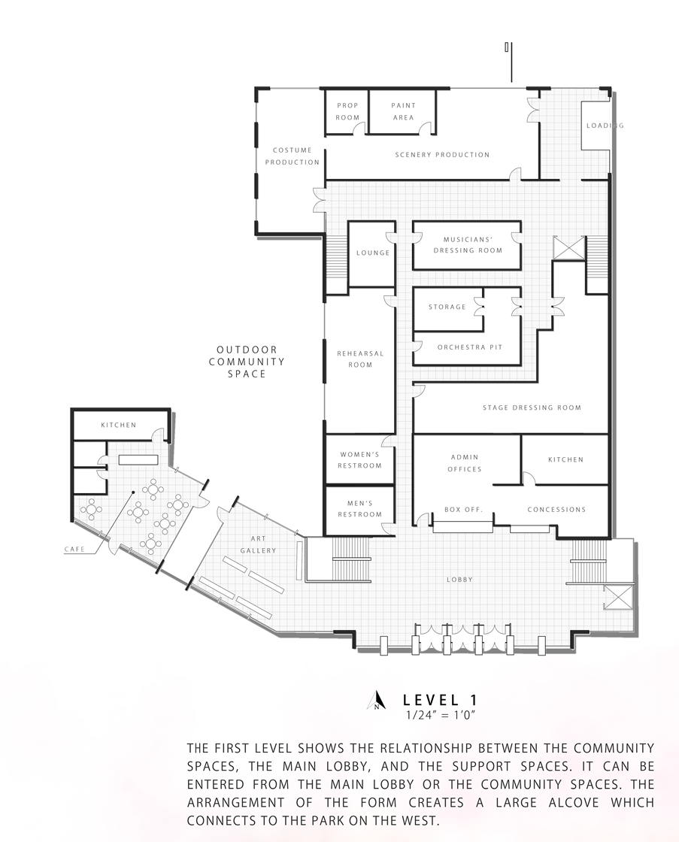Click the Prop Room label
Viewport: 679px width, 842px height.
pyautogui.click(x=347, y=111)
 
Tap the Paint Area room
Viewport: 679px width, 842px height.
pyautogui.click(x=404, y=111)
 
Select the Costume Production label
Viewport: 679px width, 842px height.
pyautogui.click(x=293, y=156)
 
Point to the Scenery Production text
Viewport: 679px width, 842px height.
pyautogui.click(x=442, y=155)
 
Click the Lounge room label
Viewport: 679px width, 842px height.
pyautogui.click(x=373, y=253)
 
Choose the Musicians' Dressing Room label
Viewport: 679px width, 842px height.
pyautogui.click(x=468, y=245)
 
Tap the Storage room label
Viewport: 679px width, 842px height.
pyautogui.click(x=447, y=307)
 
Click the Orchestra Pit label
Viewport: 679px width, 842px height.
pyautogui.click(x=470, y=347)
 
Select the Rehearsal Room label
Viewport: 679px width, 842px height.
pyautogui.click(x=360, y=359)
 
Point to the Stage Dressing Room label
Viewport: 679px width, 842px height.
pyautogui.click(x=532, y=407)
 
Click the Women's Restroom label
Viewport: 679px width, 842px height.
pyautogui.click(x=360, y=459)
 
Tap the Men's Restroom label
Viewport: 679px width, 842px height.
pyautogui.click(x=360, y=508)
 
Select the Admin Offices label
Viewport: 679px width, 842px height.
pyautogui.click(x=465, y=463)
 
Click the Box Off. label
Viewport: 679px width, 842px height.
pyautogui.click(x=464, y=509)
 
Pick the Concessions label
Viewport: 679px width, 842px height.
pyautogui.click(x=556, y=509)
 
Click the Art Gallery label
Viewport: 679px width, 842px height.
pyautogui.click(x=259, y=544)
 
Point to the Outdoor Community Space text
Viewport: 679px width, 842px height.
pyautogui.click(x=247, y=362)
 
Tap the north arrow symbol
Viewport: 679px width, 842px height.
pyautogui.click(x=377, y=700)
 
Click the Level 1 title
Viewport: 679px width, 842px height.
pyautogui.click(x=440, y=700)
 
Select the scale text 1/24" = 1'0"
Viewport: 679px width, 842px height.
pyautogui.click(x=441, y=715)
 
